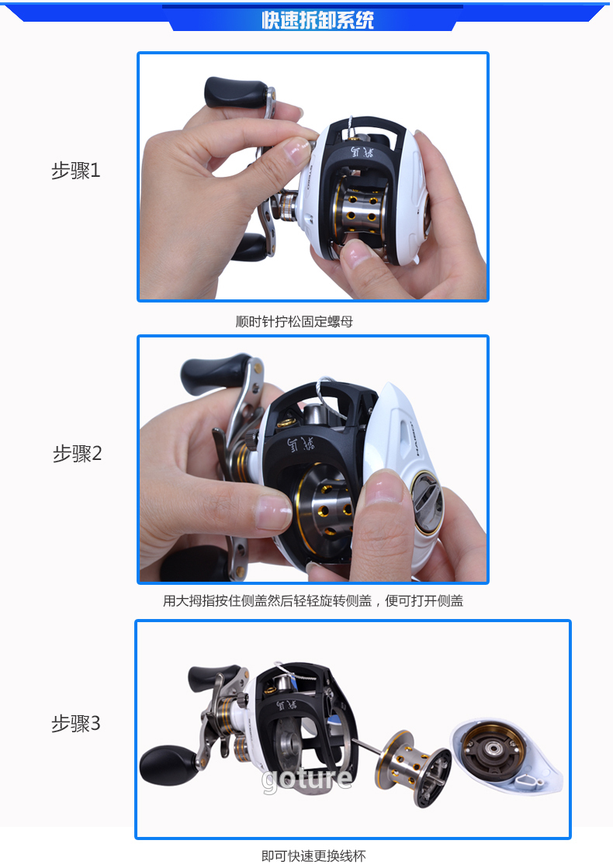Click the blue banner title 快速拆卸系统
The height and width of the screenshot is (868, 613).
(x=318, y=20)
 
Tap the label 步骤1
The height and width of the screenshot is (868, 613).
(x=76, y=171)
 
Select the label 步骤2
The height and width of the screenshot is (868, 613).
(x=77, y=453)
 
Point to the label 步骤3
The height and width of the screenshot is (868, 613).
(x=76, y=723)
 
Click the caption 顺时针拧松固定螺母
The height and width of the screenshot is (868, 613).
(x=294, y=322)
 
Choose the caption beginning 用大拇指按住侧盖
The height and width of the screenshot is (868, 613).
(x=313, y=600)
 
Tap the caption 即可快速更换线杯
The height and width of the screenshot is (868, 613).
(x=313, y=856)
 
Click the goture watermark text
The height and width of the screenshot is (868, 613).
(x=306, y=779)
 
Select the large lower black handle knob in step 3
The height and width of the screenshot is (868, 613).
(x=168, y=765)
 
